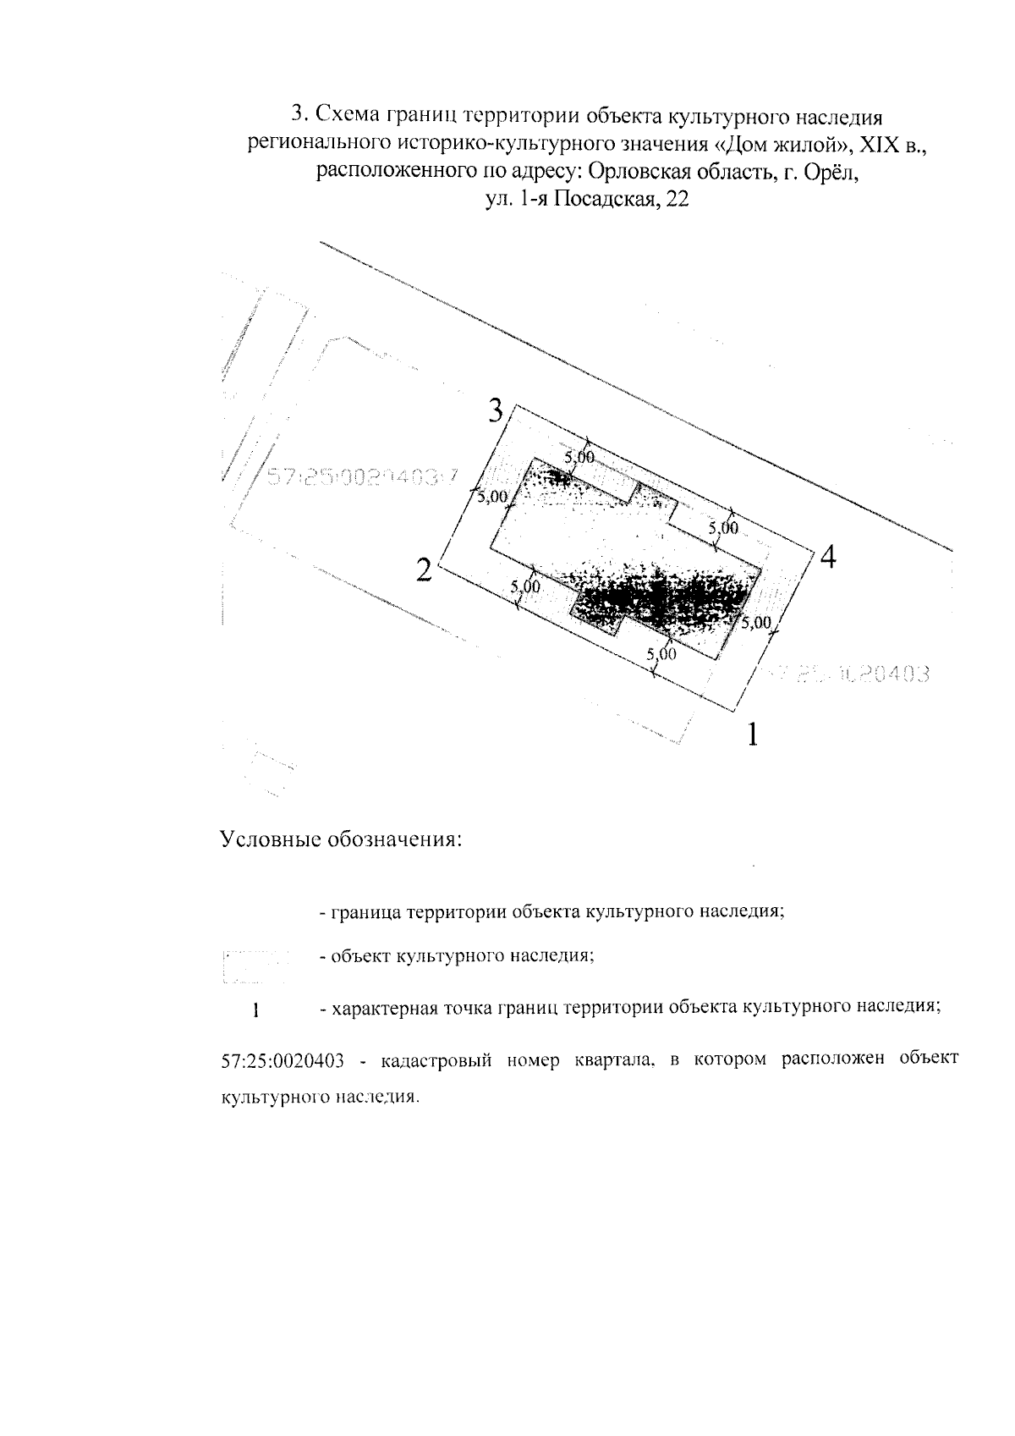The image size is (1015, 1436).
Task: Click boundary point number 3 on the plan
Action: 500,412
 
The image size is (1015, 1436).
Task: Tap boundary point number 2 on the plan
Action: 425,569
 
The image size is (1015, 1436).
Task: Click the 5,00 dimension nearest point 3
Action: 580,457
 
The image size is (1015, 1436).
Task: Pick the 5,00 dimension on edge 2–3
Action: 493,497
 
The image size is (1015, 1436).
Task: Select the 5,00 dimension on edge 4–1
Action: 756,622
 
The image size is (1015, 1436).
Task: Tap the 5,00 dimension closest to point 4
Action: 724,528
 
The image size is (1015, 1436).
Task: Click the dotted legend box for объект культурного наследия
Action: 253,966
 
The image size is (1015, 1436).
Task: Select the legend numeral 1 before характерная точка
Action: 255,1010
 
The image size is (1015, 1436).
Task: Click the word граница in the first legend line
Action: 367,914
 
